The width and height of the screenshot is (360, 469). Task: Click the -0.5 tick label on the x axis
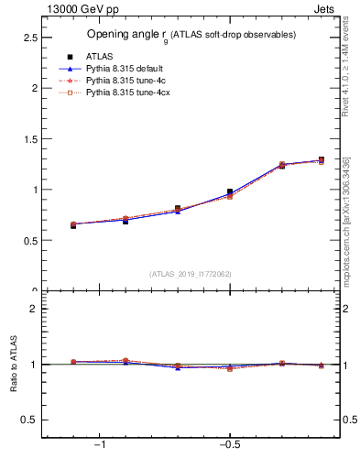(228, 445)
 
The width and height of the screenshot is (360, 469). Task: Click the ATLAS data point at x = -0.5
(230, 192)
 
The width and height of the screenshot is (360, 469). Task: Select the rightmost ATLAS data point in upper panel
(321, 160)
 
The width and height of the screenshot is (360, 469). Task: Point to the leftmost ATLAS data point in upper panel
(73, 225)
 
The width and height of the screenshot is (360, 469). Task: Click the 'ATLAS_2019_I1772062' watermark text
(191, 273)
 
